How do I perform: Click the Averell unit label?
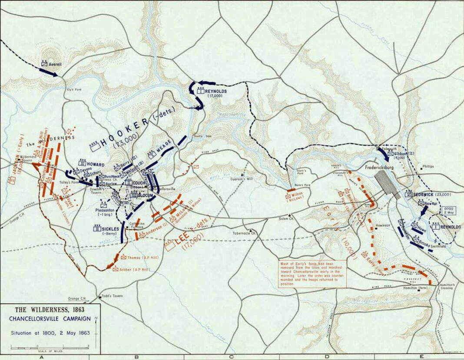pos(56,63)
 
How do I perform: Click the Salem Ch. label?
pos(286,219)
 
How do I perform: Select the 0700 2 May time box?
pos(449,211)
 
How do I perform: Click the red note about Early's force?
pos(313,274)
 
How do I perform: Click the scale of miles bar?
pos(50,347)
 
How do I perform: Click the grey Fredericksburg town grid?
pos(387,183)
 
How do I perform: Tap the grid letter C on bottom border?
pos(231,357)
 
